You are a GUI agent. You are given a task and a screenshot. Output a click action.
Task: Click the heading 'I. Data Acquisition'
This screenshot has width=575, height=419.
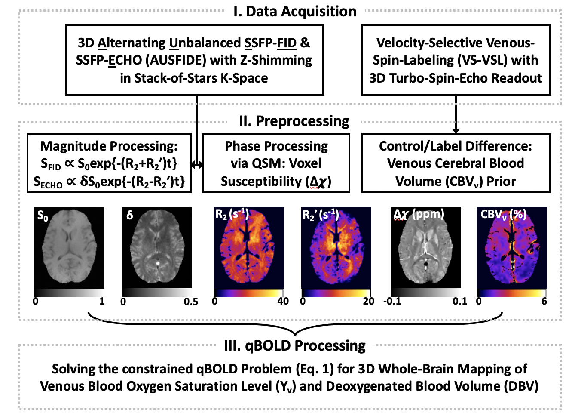tap(295, 12)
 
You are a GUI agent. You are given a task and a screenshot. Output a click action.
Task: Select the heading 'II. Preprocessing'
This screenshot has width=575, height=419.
tap(294, 121)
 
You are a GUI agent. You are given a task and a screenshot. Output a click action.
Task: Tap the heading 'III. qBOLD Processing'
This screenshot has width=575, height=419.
tap(295, 345)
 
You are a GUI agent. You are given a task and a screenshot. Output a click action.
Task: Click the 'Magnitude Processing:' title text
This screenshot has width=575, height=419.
tap(109, 146)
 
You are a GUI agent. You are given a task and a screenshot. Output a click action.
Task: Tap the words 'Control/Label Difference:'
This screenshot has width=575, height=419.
tap(456, 146)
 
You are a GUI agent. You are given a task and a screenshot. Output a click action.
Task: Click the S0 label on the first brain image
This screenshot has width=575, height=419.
tap(43, 216)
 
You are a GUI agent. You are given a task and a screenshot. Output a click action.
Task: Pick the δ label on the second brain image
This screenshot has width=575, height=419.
tap(130, 215)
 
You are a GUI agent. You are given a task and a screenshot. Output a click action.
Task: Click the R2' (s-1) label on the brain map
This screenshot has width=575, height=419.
tap(321, 215)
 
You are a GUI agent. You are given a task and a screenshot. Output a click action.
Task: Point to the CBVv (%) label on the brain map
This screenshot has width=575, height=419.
tap(503, 215)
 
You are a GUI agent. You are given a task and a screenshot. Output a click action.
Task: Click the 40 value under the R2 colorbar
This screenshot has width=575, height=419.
tap(283, 301)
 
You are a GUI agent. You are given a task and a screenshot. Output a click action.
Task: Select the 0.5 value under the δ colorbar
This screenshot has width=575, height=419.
tap(191, 302)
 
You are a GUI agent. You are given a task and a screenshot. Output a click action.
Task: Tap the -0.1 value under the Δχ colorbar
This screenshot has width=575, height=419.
tap(392, 301)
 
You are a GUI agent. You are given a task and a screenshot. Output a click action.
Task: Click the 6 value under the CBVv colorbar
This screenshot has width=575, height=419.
tap(544, 301)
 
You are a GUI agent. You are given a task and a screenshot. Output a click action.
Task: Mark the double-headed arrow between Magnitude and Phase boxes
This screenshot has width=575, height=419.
tap(197, 165)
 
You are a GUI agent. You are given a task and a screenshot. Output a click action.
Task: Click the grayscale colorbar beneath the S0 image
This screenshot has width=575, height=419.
tap(69, 293)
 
